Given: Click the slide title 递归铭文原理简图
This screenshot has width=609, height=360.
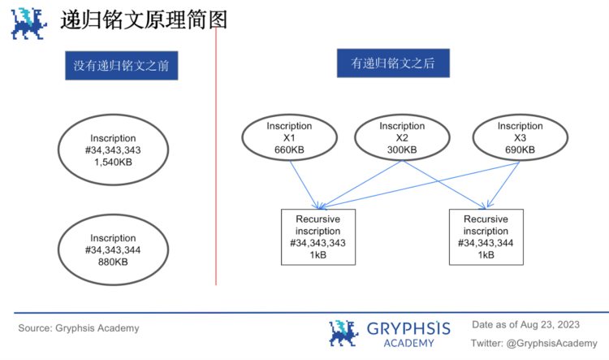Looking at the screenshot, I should pos(143,20).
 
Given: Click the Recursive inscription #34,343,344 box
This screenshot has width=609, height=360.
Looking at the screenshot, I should pos(486,236).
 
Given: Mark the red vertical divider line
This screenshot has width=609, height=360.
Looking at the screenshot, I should pos(216,163).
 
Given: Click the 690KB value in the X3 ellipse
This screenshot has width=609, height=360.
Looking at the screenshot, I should pos(520,150).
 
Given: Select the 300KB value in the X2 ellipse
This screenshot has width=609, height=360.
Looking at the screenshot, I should pos(402,150).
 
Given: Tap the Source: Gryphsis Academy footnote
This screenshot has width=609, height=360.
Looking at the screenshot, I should pos(79,328).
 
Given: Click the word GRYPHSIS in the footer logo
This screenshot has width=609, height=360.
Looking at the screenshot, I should pos(408,328).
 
